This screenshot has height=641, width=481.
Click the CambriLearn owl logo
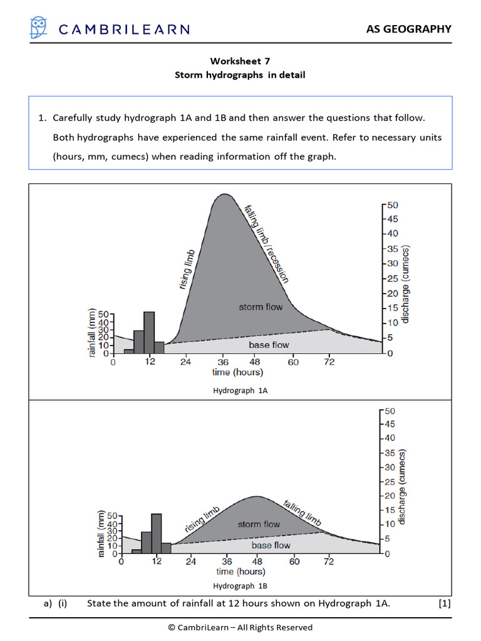39,28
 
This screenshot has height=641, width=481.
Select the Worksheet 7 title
240,61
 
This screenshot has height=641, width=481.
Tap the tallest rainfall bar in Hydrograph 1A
149,333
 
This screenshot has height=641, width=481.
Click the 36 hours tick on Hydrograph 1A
222,362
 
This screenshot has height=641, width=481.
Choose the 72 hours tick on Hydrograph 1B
329,562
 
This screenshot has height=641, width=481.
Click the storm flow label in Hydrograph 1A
261,307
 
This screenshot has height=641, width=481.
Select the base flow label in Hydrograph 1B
271,545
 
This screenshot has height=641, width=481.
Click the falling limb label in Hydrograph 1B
303,513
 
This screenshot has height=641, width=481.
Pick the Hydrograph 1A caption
240,390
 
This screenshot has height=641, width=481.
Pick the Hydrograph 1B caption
240,587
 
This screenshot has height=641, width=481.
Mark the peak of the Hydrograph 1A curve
224,195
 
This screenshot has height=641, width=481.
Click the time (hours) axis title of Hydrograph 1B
240,572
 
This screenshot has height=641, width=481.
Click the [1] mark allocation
445,603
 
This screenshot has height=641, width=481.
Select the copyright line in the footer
240,627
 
